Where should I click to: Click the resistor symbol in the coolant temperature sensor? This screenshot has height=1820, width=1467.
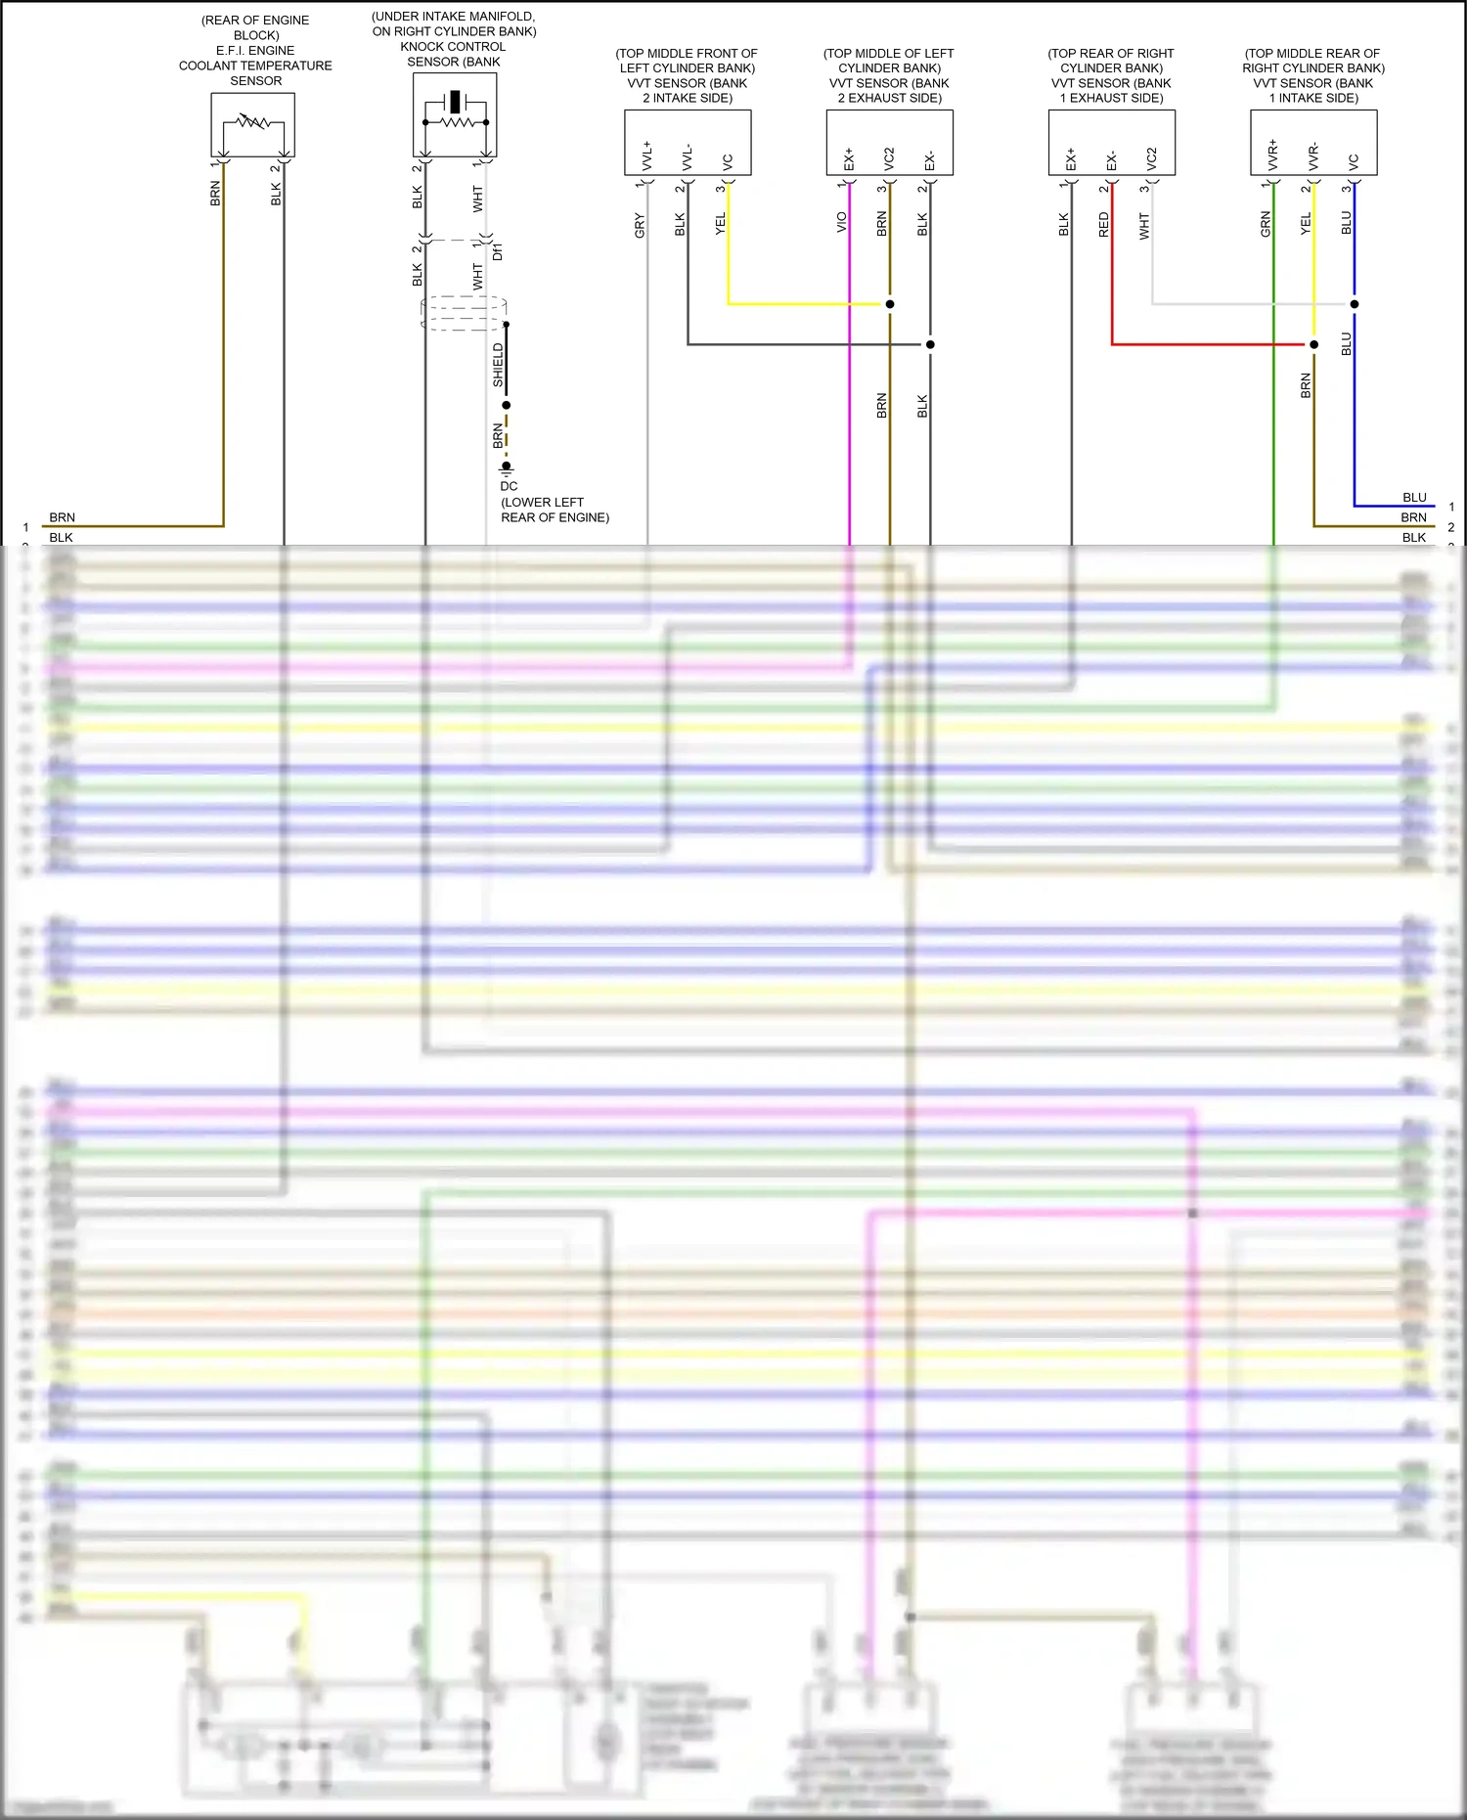click(253, 121)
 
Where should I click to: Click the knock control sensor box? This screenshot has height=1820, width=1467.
click(455, 115)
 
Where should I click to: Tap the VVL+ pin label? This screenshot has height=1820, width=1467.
click(646, 156)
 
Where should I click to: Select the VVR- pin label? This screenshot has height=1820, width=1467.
click(1313, 156)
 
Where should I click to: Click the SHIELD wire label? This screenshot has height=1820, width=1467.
click(498, 365)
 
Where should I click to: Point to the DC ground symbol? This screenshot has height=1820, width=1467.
click(507, 468)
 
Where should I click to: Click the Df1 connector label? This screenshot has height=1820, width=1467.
click(498, 252)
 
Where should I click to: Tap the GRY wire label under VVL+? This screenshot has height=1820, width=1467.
click(640, 225)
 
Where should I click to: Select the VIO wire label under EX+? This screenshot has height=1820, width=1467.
click(841, 223)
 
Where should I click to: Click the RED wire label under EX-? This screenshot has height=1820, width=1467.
click(1104, 225)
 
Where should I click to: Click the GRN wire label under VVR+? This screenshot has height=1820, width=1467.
click(1266, 224)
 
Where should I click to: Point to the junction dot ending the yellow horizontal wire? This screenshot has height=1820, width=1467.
click(890, 304)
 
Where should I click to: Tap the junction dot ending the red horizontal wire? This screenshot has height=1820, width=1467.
click(1313, 344)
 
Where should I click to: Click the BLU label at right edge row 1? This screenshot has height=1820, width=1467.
click(1414, 498)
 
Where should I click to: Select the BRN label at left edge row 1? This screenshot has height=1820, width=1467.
click(62, 517)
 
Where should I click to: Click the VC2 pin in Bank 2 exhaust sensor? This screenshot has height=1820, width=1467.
click(889, 158)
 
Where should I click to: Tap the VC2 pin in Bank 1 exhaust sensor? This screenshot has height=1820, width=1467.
click(1151, 158)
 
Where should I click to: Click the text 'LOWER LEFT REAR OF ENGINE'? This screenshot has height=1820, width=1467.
click(555, 510)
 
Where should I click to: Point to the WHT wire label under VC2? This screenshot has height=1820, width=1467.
click(1144, 227)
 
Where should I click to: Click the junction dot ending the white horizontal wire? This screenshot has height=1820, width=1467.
click(1355, 304)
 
